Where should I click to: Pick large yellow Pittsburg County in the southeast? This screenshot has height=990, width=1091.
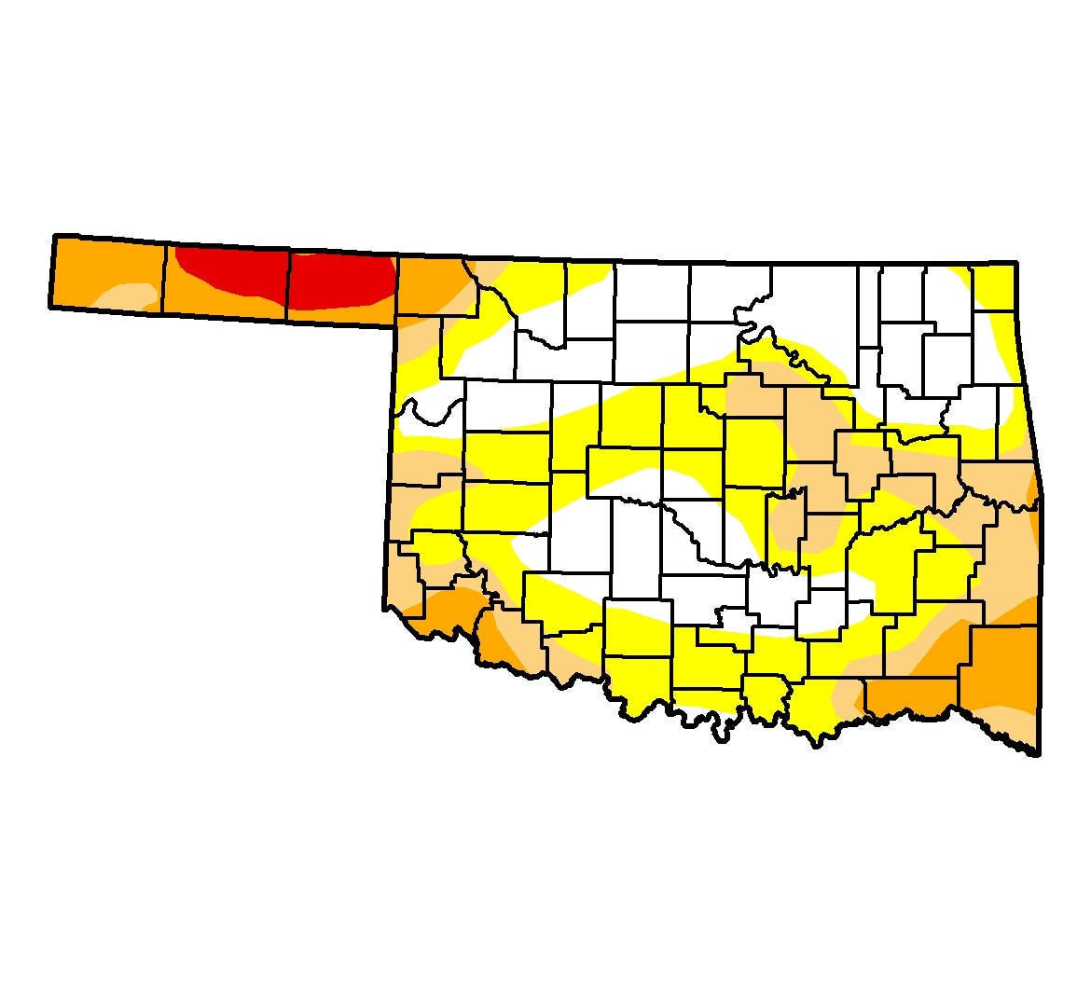coord(895,569)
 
